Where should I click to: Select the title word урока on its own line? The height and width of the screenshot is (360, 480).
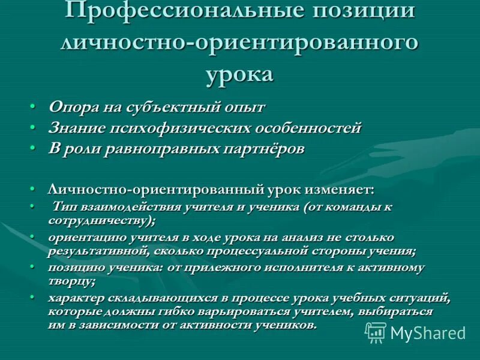click(x=239, y=74)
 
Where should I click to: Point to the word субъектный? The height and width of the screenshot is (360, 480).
click(x=171, y=107)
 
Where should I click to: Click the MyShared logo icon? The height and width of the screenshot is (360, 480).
click(x=376, y=332)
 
